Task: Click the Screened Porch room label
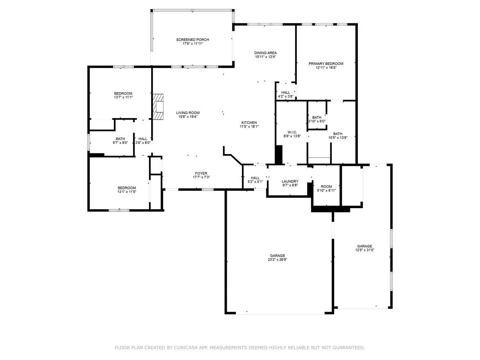coord(192,40)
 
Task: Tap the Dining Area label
coord(265,53)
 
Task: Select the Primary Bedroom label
coord(326,64)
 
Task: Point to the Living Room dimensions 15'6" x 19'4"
coord(188,117)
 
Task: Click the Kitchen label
coord(249,122)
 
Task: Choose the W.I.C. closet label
coord(292,132)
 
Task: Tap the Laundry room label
coord(290,181)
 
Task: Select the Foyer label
coord(201,173)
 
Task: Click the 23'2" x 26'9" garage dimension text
coord(277,260)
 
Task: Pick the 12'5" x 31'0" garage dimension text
coord(365,250)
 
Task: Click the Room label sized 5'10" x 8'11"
coord(326,186)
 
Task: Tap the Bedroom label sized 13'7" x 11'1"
coord(123,94)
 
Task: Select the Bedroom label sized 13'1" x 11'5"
coord(127,188)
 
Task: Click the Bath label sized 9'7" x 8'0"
coord(120,139)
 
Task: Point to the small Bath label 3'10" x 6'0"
coord(317,117)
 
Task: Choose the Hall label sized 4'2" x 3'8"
coord(286,93)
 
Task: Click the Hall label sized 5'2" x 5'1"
coord(255,178)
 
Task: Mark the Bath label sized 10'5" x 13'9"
coord(338,134)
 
